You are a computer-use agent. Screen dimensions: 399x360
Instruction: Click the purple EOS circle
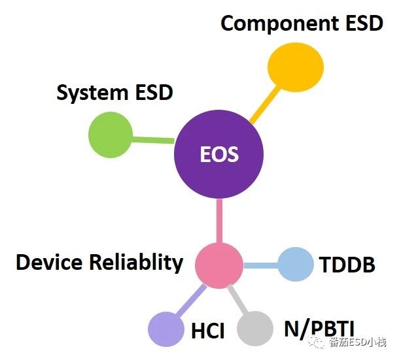click(219, 154)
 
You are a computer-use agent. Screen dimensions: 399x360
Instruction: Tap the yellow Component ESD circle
click(296, 67)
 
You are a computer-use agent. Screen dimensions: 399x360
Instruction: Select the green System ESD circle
click(111, 135)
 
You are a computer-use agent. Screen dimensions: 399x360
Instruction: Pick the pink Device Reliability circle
click(219, 265)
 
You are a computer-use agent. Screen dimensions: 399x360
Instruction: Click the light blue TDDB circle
click(296, 264)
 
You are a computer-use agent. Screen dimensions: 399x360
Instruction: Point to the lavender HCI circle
click(166, 329)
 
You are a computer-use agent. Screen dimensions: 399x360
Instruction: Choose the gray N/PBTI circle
click(255, 329)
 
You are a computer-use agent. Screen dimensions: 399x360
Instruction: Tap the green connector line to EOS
click(154, 140)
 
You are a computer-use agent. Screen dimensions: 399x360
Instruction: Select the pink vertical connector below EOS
click(219, 221)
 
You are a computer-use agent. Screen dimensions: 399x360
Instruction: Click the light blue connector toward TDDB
click(260, 266)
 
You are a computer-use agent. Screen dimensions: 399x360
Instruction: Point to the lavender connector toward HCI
click(191, 301)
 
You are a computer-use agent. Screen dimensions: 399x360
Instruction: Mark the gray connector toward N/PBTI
click(237, 300)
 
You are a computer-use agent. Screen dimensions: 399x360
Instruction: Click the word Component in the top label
click(280, 24)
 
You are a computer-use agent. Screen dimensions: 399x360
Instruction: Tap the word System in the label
click(92, 93)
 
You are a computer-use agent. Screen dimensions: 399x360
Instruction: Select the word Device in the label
click(49, 262)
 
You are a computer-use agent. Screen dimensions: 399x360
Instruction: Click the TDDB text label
click(347, 265)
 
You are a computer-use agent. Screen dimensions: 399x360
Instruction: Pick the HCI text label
click(208, 331)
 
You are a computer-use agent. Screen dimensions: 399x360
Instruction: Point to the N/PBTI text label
click(319, 329)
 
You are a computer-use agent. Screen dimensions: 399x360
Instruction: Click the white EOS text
click(219, 154)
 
